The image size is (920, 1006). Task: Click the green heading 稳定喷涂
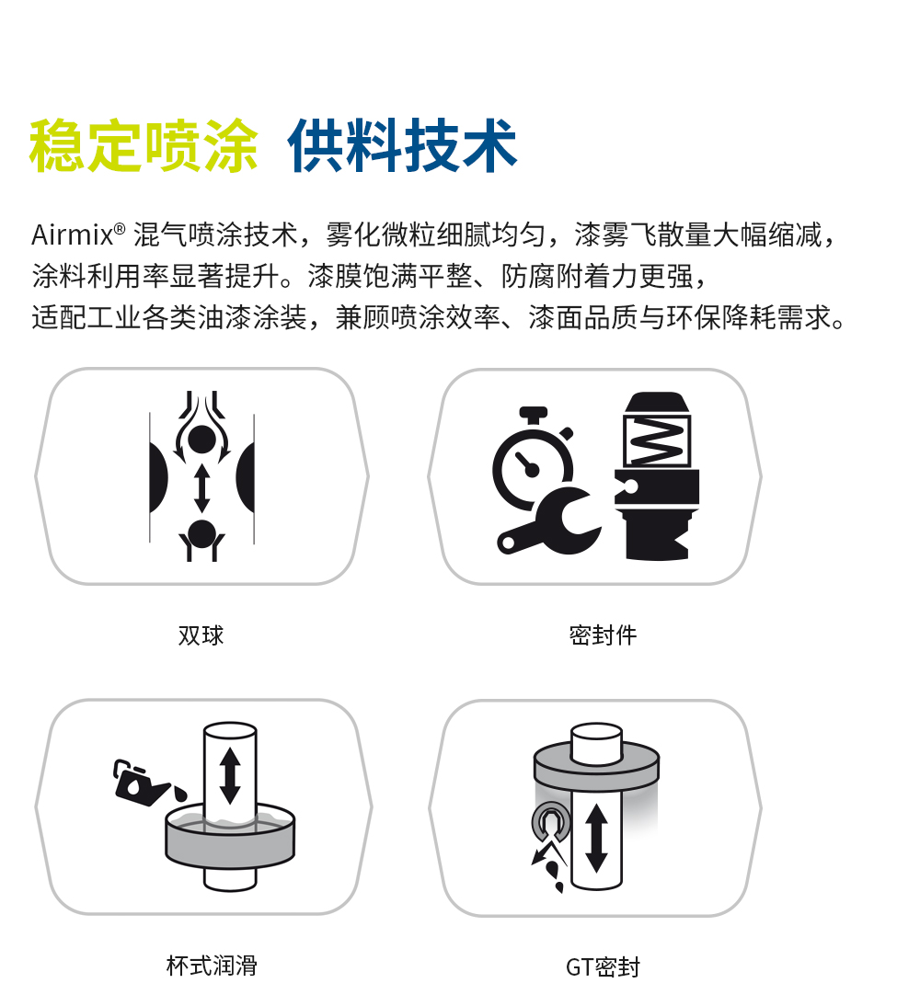144,145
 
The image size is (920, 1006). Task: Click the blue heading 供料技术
403,145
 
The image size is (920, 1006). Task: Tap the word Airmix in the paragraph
73,235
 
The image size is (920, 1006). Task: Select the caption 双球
201,635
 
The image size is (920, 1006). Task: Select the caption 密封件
603,635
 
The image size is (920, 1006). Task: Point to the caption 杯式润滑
212,966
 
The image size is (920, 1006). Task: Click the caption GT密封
603,966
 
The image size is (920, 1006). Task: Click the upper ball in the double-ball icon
201,440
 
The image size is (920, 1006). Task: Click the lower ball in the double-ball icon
202,533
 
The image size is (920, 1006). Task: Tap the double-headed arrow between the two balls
202,487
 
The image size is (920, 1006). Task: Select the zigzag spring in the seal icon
656,440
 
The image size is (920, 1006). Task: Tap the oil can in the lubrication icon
143,782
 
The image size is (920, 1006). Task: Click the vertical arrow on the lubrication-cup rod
230,776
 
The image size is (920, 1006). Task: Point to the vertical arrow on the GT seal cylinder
596,838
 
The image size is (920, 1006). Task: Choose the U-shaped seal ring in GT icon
551,822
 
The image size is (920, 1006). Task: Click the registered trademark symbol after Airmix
120,229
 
